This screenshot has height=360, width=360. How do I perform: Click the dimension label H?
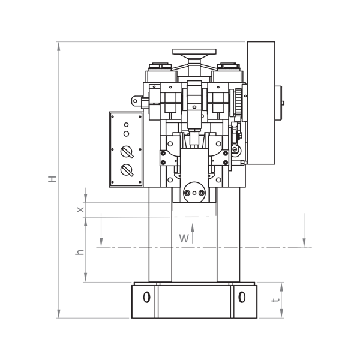[52, 179]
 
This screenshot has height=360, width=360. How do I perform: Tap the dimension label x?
[80, 209]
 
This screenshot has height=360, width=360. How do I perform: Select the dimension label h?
[80, 252]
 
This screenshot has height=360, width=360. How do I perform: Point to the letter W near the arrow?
[184, 238]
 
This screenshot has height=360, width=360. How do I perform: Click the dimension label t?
[275, 300]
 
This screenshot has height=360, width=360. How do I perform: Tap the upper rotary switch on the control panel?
[127, 152]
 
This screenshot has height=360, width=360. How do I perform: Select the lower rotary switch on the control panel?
[127, 170]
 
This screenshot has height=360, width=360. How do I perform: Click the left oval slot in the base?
[147, 297]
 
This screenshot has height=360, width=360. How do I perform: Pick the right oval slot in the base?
[242, 297]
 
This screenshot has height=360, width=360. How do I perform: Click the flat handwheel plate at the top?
[194, 52]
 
